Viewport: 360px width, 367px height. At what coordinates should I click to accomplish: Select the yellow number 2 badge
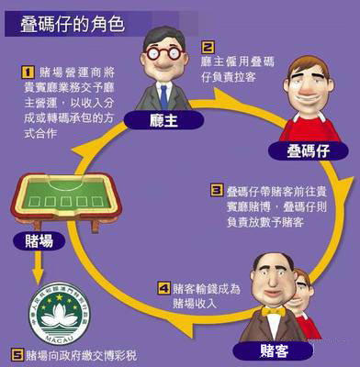click(x=208, y=46)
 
